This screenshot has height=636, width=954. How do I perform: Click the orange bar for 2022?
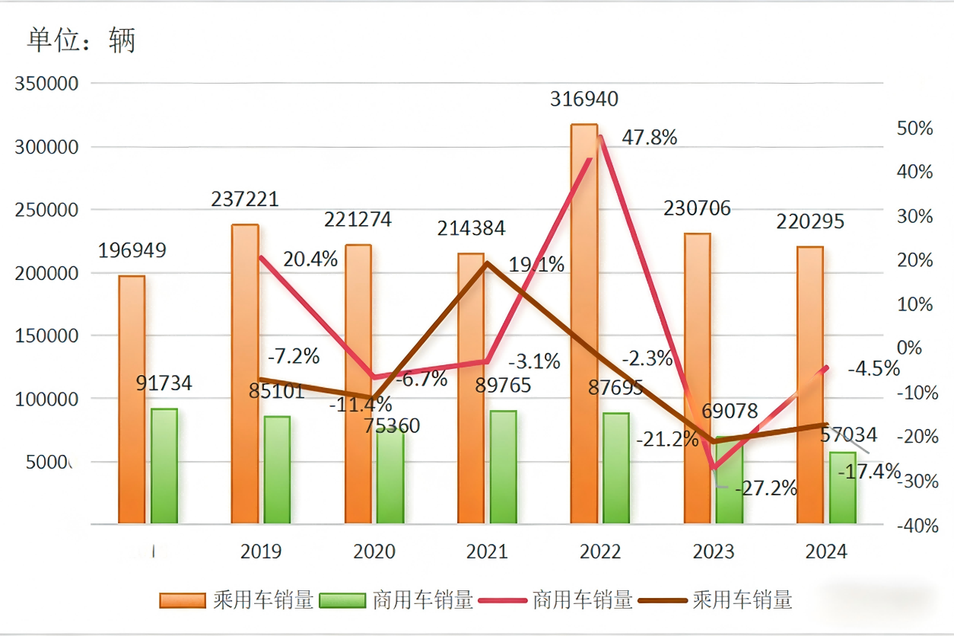pyautogui.click(x=584, y=323)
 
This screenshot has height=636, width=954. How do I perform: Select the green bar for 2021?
pyautogui.click(x=503, y=467)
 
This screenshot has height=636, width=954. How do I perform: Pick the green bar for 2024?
pyautogui.click(x=842, y=488)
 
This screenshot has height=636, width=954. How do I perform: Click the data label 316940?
pyautogui.click(x=584, y=99)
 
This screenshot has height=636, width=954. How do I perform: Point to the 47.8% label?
pyautogui.click(x=650, y=138)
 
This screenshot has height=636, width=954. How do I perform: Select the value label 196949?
pyautogui.click(x=132, y=250)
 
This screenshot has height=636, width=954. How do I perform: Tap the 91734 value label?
pyautogui.click(x=164, y=383)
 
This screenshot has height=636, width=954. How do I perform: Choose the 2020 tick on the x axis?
pyautogui.click(x=374, y=552)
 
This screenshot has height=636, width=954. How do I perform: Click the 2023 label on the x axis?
pyautogui.click(x=713, y=552)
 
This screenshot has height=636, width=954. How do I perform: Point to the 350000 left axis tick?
pyautogui.click(x=47, y=84)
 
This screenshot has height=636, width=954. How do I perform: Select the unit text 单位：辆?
pyautogui.click(x=81, y=40)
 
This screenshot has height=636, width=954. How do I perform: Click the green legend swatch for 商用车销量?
pyautogui.click(x=342, y=600)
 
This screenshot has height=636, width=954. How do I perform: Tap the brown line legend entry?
pyautogui.click(x=715, y=600)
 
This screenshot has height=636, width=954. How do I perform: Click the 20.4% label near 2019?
pyautogui.click(x=310, y=259)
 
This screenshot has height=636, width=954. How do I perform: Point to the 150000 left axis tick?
pyautogui.click(x=47, y=335)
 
